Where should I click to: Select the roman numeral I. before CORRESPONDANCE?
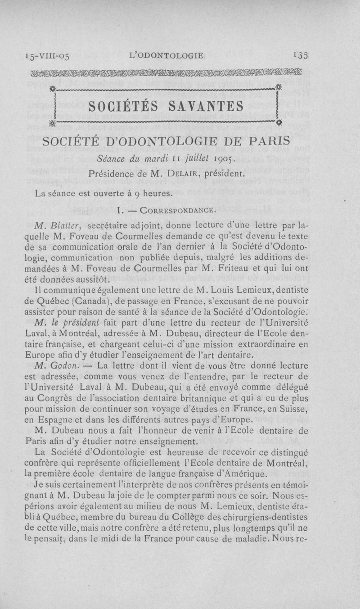click(119, 210)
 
